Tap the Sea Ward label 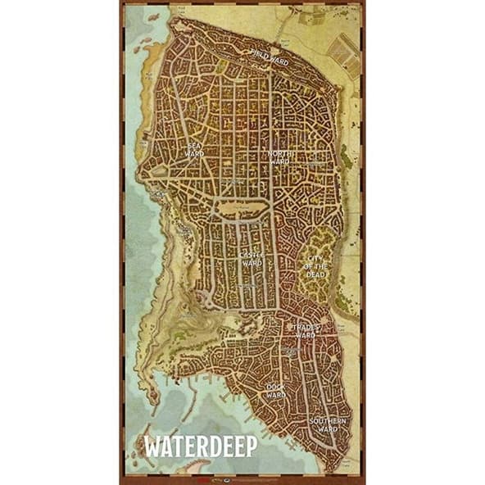tap(194, 149)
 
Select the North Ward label tap(280, 157)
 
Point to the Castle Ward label tap(251, 259)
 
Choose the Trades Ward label tap(305, 330)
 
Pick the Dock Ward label tap(275, 390)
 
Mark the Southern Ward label tap(328, 424)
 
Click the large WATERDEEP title tap(200, 446)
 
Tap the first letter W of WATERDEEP tap(152, 446)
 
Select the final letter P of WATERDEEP tap(252, 446)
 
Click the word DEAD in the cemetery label tap(316, 274)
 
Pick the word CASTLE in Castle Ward tap(251, 255)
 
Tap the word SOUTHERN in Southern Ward tap(328, 420)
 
